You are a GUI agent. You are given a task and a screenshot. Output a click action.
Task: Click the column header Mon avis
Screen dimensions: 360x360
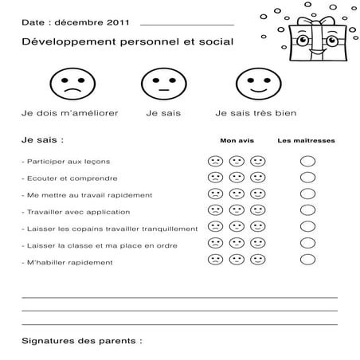[x=237, y=140]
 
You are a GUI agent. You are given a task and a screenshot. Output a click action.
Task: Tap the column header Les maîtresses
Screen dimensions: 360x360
[x=306, y=140]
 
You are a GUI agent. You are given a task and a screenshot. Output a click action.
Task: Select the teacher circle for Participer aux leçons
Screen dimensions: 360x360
[x=307, y=161]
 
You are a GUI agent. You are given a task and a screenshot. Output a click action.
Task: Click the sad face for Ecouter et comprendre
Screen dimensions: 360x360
[x=215, y=178]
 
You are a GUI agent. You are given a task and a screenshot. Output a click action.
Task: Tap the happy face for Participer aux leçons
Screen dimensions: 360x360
[x=258, y=161]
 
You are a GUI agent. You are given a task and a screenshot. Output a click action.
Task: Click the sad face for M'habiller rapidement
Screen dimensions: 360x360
[x=215, y=260]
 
